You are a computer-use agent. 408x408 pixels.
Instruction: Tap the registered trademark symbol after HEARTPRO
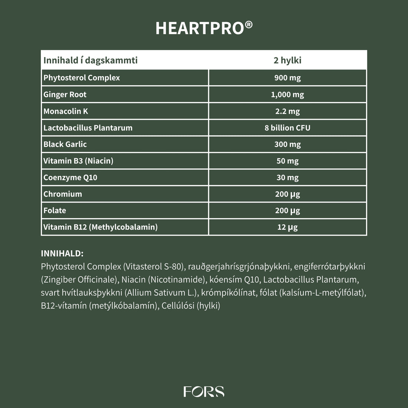tap(249, 24)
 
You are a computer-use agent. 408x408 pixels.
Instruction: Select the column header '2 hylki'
tap(287, 60)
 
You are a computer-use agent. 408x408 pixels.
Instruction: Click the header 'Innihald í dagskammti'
tap(91, 60)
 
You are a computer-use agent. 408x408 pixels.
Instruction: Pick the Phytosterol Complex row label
tap(82, 78)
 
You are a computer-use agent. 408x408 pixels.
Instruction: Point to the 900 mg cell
tap(287, 78)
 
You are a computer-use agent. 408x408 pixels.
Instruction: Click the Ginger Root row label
tap(65, 95)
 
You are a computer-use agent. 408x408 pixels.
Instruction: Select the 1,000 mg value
tap(287, 95)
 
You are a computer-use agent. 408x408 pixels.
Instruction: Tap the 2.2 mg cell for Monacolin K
tap(287, 111)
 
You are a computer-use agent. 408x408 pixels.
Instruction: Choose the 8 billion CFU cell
tap(287, 128)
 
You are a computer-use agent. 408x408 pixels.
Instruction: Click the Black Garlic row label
tap(65, 144)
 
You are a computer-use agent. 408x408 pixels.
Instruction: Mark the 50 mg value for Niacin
tap(287, 161)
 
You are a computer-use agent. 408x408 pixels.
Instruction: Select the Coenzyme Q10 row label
tap(70, 178)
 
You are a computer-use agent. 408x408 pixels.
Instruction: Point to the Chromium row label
tap(63, 194)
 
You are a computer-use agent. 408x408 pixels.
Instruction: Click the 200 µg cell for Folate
tap(287, 211)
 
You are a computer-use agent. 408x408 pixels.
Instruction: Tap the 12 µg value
tap(287, 227)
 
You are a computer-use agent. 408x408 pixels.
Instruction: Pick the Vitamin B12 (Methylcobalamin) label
tap(101, 227)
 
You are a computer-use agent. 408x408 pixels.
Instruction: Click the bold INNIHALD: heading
tap(62, 254)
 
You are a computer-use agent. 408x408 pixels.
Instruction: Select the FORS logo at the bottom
tap(204, 392)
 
